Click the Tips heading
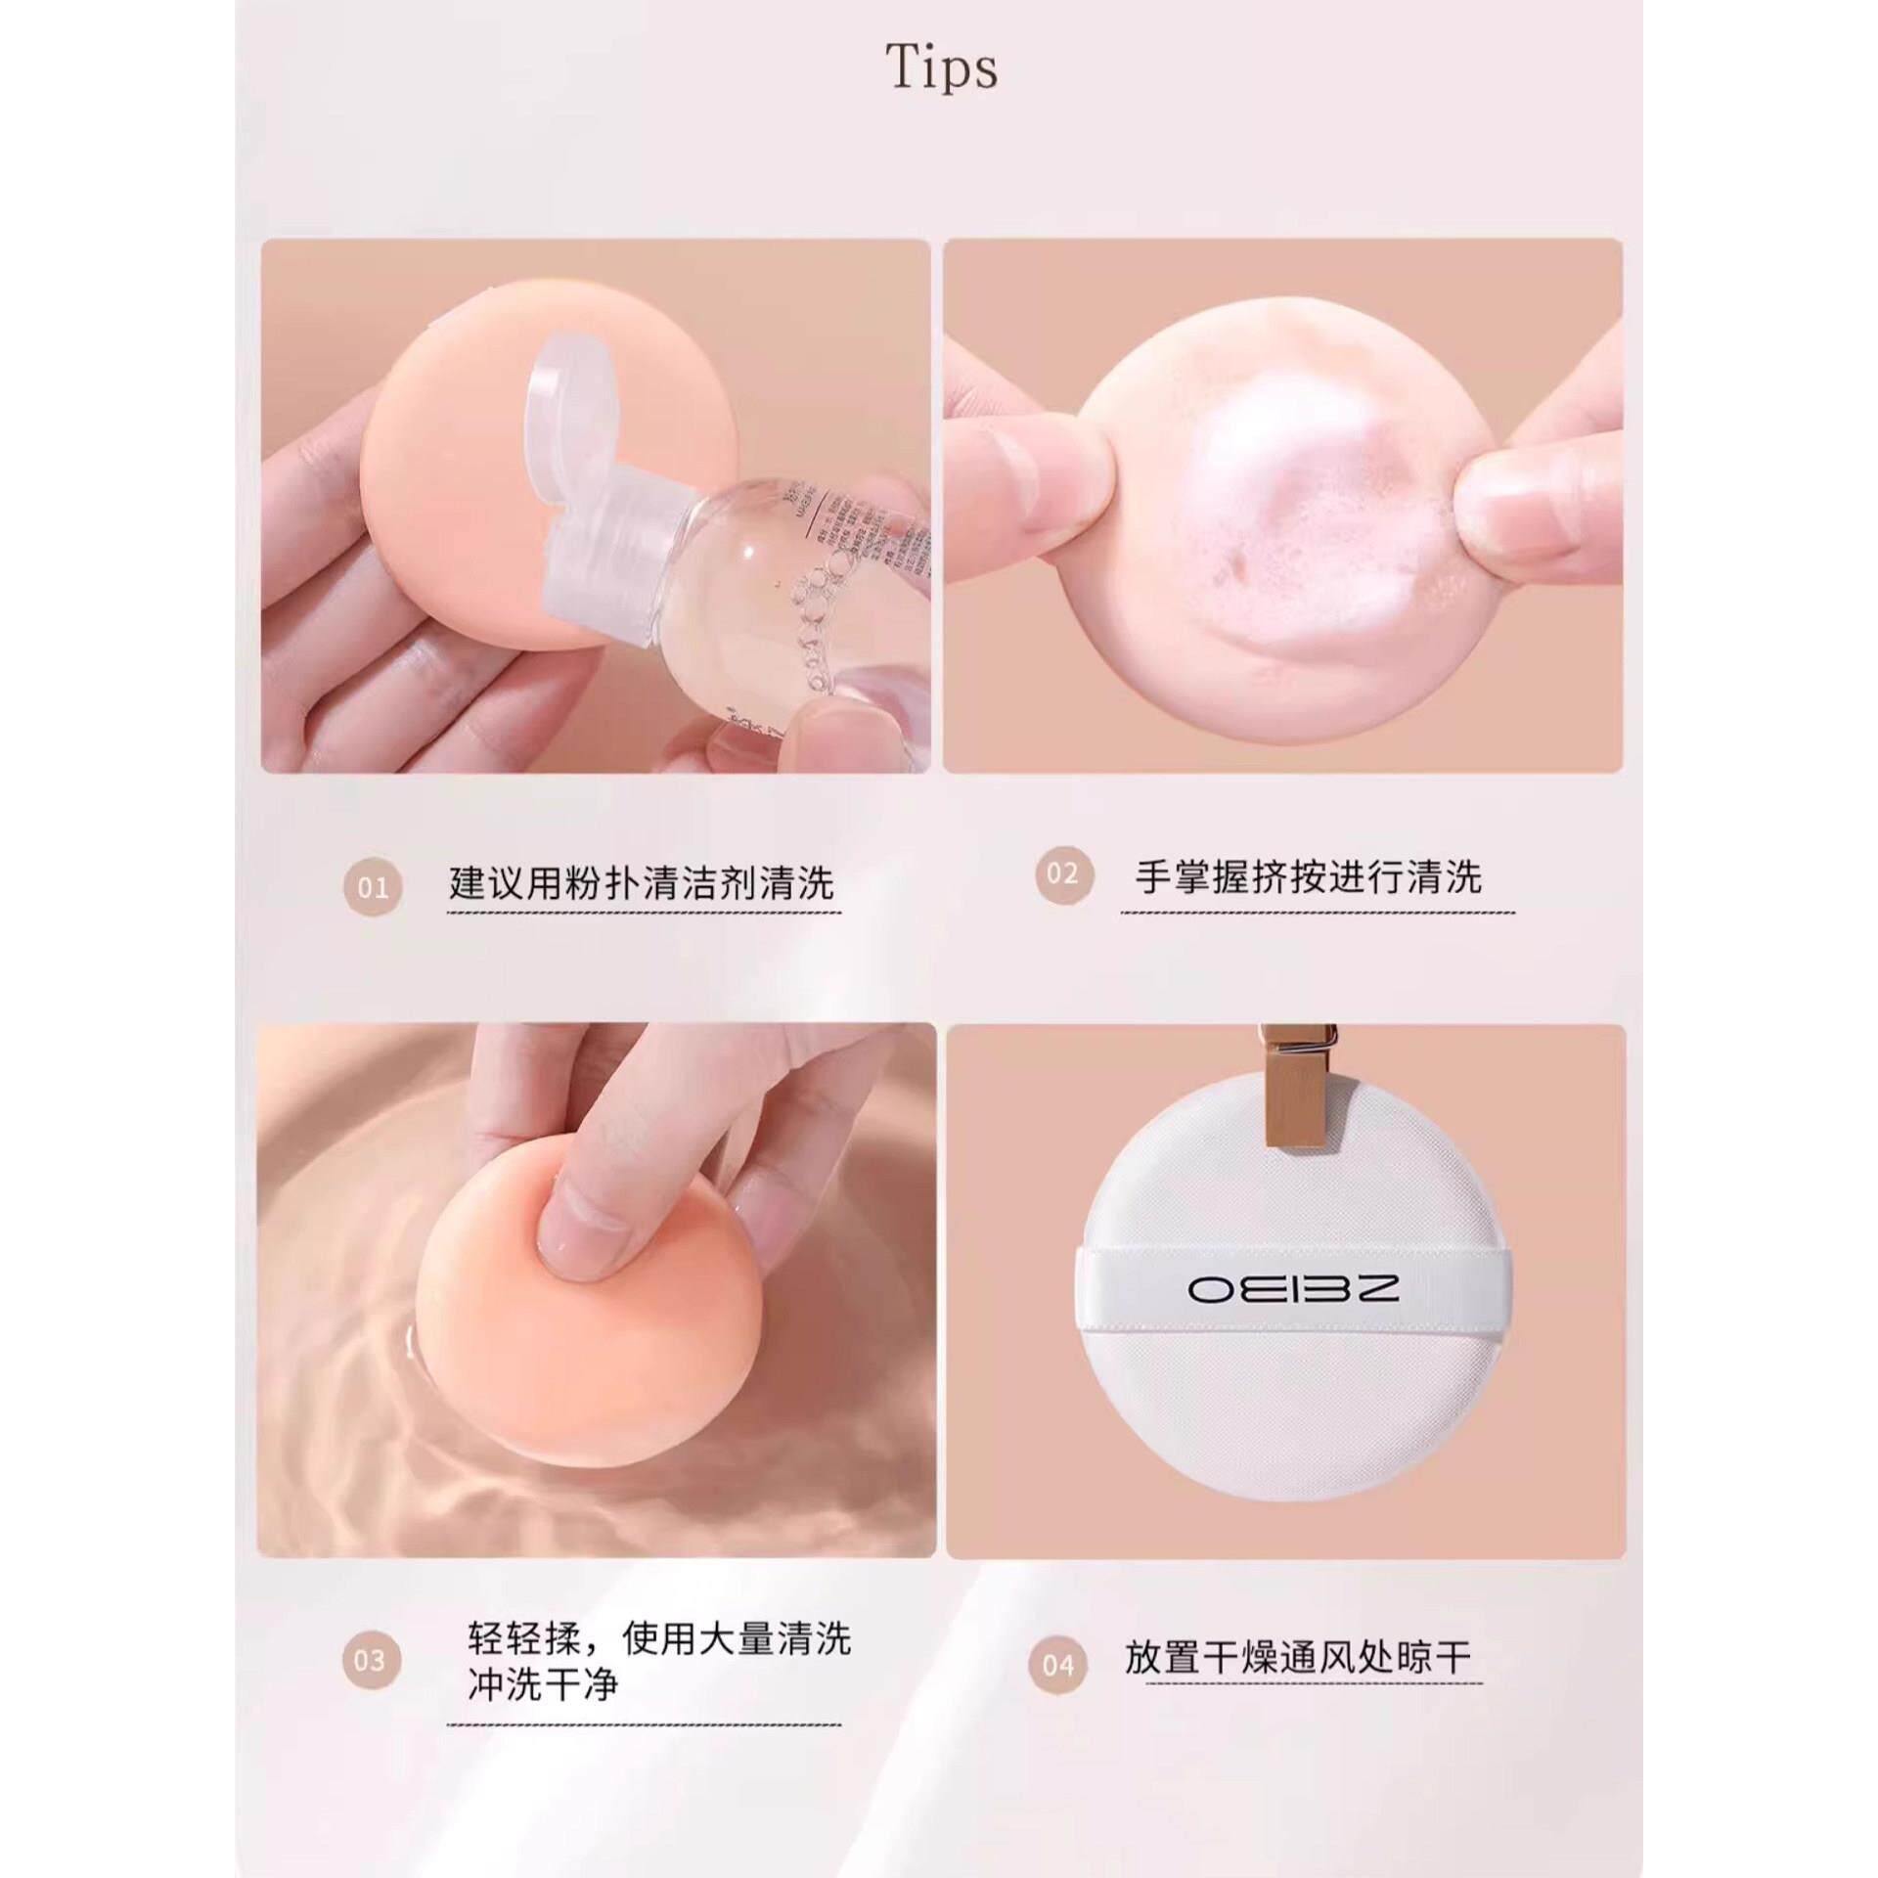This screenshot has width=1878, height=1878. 941,68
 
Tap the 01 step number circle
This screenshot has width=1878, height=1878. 373,888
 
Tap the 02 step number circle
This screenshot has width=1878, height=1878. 1062,874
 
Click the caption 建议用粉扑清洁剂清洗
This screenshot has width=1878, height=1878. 642,883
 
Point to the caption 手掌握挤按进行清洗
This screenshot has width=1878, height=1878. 1308,877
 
